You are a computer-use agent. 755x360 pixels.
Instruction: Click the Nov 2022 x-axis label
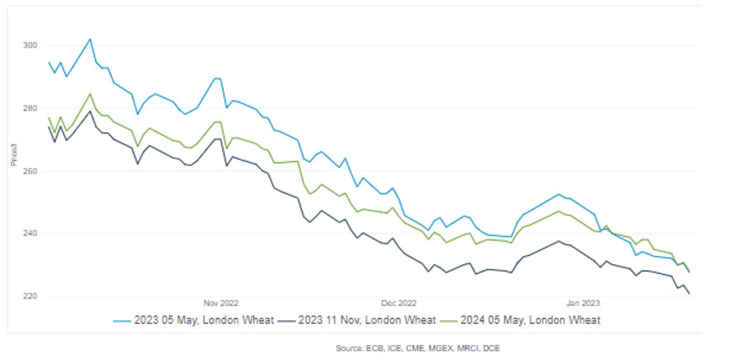[x=221, y=304]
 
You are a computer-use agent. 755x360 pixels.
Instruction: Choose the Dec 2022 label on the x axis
[x=398, y=304]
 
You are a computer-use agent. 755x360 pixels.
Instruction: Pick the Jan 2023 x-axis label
[x=583, y=304]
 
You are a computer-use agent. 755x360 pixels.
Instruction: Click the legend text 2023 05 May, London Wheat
[x=204, y=320]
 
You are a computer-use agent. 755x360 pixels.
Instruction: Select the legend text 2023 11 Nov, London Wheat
[x=367, y=320]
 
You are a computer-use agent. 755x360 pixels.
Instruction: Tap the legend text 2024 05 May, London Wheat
[x=530, y=320]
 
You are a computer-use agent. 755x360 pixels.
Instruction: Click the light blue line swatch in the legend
[x=122, y=321]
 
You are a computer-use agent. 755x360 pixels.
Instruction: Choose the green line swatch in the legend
[x=449, y=321]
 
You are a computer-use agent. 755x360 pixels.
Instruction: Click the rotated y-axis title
[x=13, y=154]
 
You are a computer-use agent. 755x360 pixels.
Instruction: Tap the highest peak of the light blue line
[x=90, y=39]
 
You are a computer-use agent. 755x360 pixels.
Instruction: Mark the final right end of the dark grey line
[x=689, y=294]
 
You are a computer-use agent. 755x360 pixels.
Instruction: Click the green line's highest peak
[x=90, y=94]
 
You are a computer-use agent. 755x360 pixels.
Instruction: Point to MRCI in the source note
[x=466, y=349]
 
